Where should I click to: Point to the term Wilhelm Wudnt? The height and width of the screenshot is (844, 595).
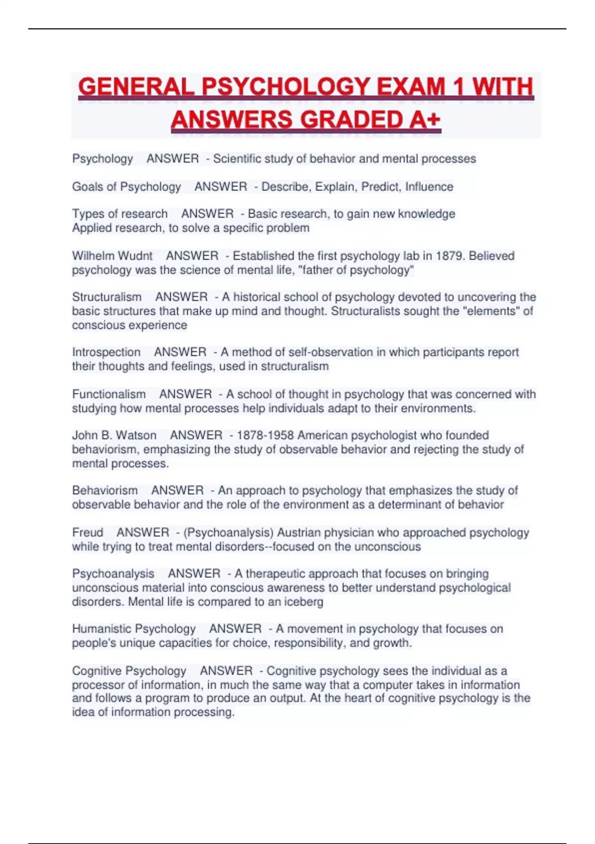112,256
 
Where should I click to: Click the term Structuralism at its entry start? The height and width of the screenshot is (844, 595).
107,297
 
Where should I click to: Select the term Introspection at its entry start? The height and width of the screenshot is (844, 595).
106,352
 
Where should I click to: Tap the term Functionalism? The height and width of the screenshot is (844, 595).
109,394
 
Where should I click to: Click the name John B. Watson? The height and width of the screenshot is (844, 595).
114,435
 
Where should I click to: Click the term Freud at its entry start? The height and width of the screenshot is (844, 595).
87,532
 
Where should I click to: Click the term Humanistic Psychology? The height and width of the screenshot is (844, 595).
134,629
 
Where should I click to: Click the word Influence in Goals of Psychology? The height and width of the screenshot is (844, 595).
429,187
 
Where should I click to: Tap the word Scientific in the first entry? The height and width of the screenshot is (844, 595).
237,159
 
